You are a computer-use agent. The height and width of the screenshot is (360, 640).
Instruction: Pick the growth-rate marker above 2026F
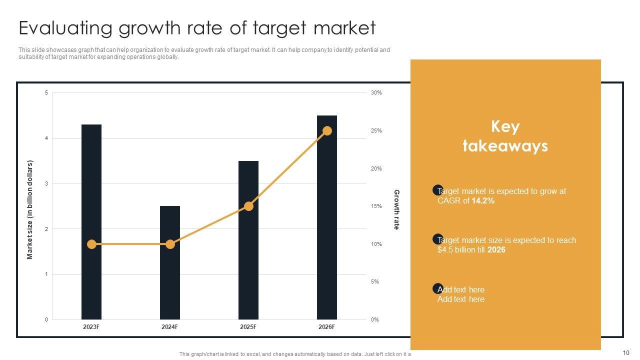tap(327, 131)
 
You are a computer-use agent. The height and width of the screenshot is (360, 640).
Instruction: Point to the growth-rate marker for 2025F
tap(248, 206)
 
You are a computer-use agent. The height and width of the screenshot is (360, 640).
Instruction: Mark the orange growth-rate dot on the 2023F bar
tap(91, 244)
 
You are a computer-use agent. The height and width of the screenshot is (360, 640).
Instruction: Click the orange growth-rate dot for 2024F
tap(170, 244)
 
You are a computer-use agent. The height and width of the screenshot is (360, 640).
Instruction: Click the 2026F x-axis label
tap(326, 327)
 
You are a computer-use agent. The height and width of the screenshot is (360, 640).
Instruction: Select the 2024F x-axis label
tap(169, 327)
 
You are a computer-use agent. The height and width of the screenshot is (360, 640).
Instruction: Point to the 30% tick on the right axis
tap(376, 93)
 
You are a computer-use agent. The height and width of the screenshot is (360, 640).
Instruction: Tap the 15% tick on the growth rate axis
tap(376, 206)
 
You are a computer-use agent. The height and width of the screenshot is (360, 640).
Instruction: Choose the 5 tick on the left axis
tap(46, 93)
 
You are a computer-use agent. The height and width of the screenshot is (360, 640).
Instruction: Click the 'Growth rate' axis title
tap(396, 209)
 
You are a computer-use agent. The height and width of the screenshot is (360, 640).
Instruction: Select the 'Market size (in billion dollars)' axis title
tap(30, 209)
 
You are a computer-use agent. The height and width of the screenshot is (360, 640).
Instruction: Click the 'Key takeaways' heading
tap(505, 136)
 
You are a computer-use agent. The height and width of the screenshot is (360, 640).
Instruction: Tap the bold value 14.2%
tap(483, 201)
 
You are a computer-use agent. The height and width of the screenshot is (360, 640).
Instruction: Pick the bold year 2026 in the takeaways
tap(496, 250)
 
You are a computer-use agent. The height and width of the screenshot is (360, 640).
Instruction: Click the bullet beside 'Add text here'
tap(437, 288)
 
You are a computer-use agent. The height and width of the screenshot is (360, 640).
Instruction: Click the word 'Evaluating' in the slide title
tap(65, 28)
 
